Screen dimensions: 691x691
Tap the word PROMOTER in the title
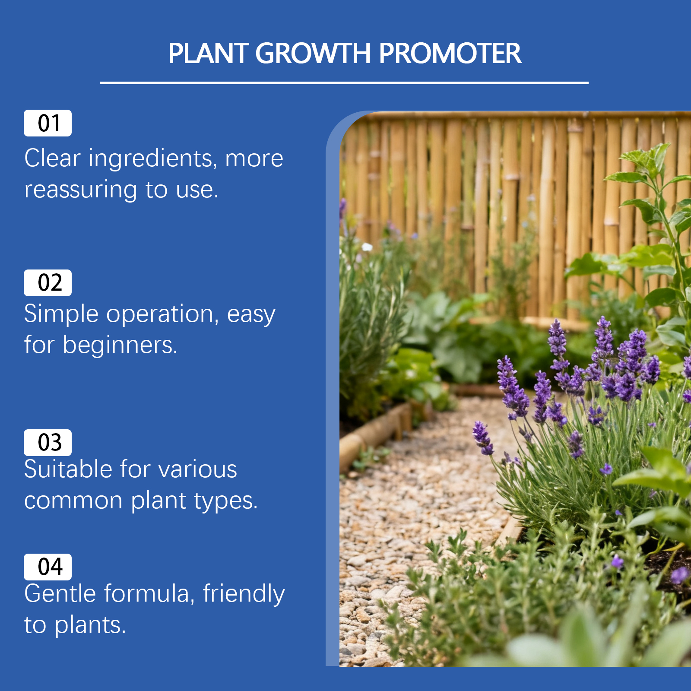[450, 54]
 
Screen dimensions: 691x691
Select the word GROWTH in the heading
[313, 54]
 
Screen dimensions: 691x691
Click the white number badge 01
[48, 123]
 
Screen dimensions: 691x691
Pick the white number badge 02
[48, 283]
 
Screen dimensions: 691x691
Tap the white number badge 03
[48, 443]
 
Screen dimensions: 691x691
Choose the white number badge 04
[48, 567]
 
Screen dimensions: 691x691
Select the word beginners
[120, 345]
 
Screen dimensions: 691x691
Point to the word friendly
[244, 594]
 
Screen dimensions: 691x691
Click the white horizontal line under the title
[344, 82]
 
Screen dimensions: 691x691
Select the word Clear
[52, 158]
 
